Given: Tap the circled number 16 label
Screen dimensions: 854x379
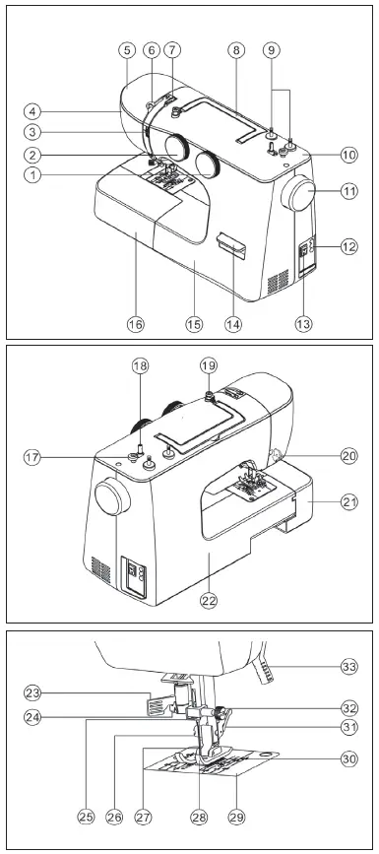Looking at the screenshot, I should coord(135,323).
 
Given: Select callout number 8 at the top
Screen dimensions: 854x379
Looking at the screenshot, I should coord(236,49).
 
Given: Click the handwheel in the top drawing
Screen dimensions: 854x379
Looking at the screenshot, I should coord(299,197).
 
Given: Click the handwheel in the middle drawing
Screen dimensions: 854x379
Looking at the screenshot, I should coord(111,499).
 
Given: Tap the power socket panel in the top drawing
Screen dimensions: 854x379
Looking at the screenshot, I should coord(305,254).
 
